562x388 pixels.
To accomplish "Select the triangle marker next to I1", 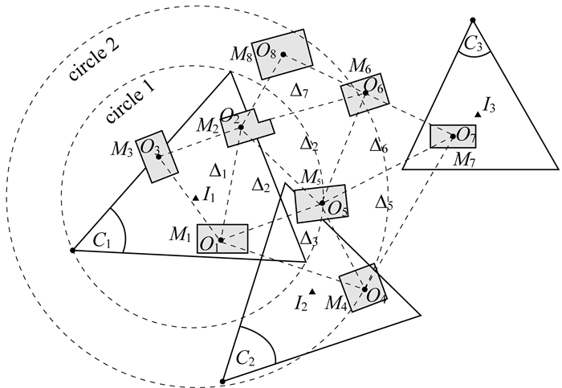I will (x=195, y=198).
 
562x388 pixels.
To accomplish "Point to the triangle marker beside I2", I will (x=312, y=291).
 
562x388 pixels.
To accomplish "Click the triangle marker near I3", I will (x=478, y=115).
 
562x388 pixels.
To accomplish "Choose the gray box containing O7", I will (x=453, y=136).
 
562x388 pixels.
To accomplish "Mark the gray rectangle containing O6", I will (x=366, y=94).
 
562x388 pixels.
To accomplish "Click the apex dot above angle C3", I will (x=474, y=18).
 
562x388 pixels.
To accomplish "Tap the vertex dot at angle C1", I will (x=73, y=251).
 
